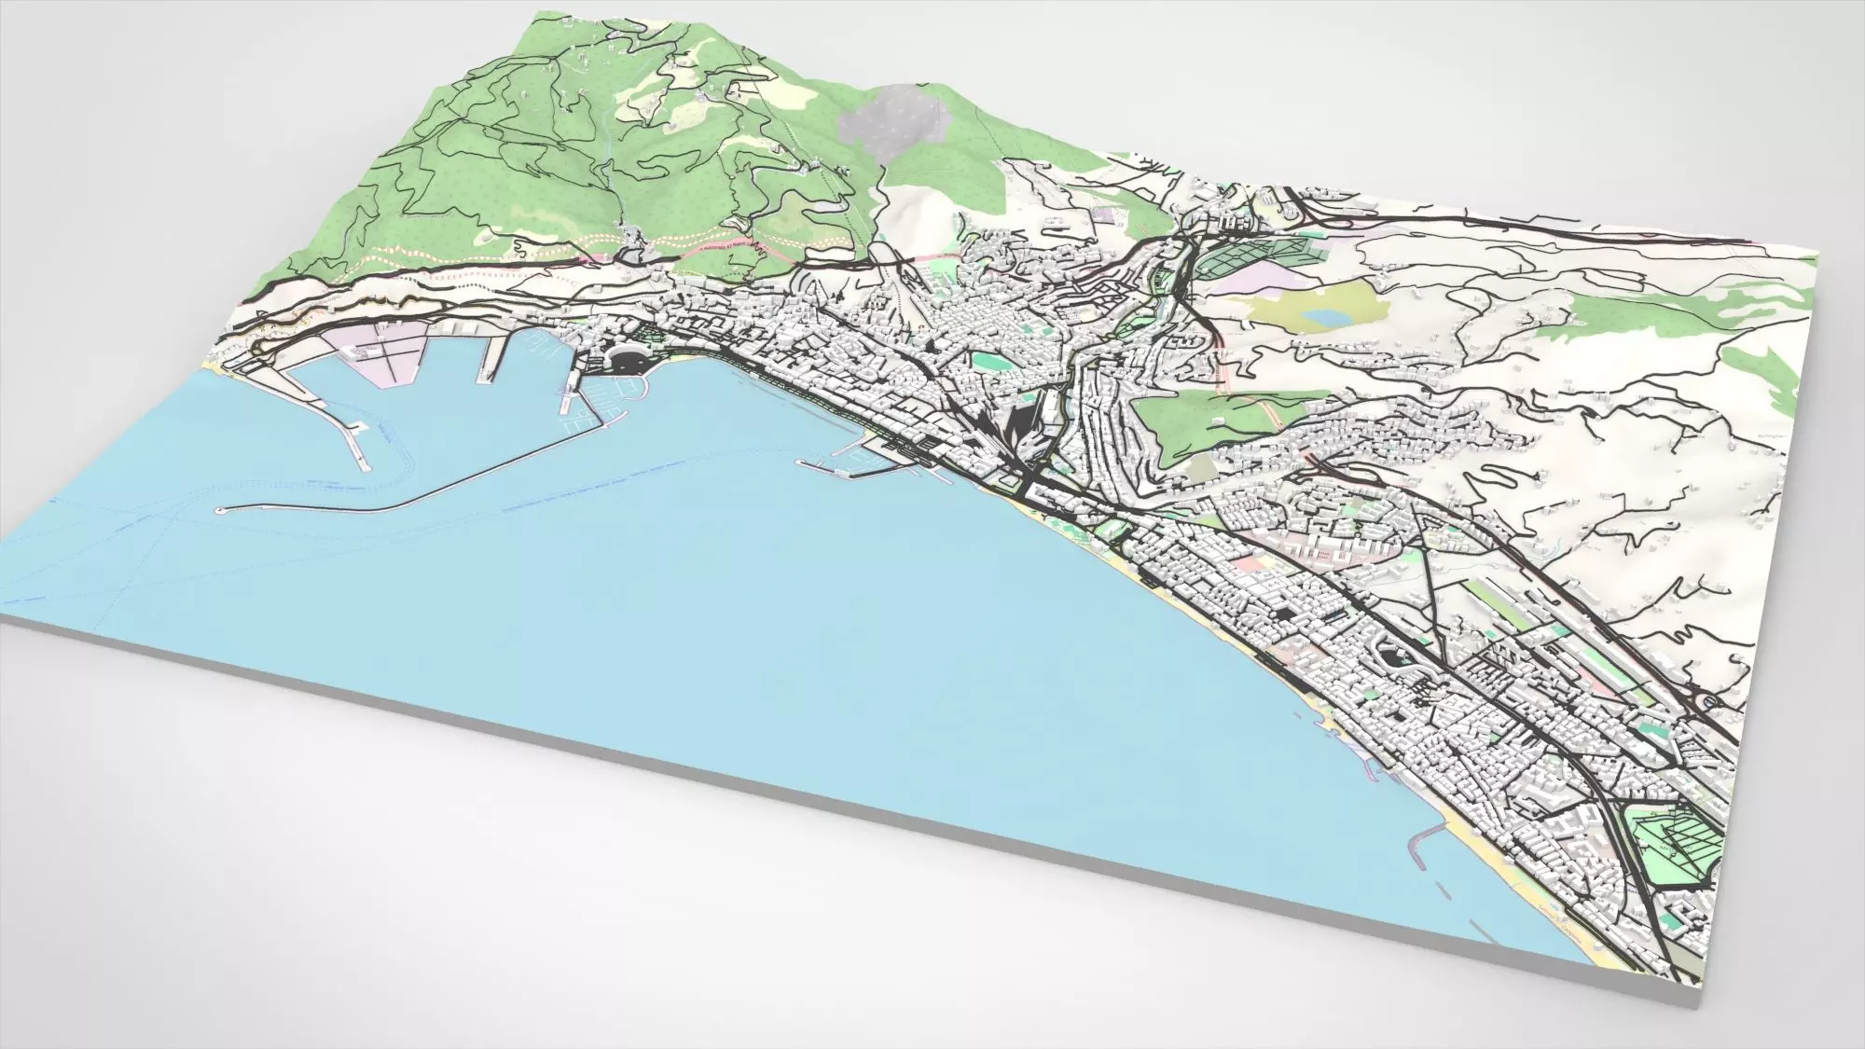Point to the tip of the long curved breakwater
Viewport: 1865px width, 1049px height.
click(x=220, y=510)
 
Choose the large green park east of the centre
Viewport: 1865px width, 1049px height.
click(x=1203, y=415)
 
